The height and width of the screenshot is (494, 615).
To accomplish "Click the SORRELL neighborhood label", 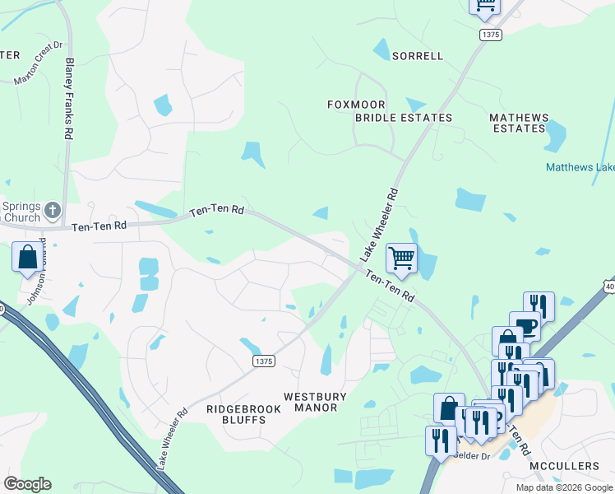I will [417, 56].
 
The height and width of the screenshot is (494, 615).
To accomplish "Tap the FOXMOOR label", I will [357, 105].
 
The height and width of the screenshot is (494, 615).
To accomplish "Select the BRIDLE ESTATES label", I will [403, 118].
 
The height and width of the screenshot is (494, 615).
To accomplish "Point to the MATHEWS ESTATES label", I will [519, 123].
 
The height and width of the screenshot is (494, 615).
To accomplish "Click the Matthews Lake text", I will [580, 167].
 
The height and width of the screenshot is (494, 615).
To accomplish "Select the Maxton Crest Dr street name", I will [39, 64].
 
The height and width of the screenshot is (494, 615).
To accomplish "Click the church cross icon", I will [53, 209].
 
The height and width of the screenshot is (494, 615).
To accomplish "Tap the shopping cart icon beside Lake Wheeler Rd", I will [401, 259].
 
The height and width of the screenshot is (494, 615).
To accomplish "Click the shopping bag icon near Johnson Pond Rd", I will [27, 257].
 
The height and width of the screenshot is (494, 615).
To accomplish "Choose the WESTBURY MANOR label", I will [315, 402].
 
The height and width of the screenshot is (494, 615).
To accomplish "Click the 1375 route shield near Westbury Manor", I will [263, 361].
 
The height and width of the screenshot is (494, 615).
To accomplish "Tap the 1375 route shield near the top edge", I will [491, 35].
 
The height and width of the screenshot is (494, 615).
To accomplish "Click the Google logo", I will [27, 484].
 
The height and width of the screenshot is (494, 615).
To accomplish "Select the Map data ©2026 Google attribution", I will [564, 487].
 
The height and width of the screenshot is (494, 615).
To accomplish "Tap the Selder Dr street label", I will [473, 455].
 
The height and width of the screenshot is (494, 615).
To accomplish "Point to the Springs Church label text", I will [21, 212].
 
